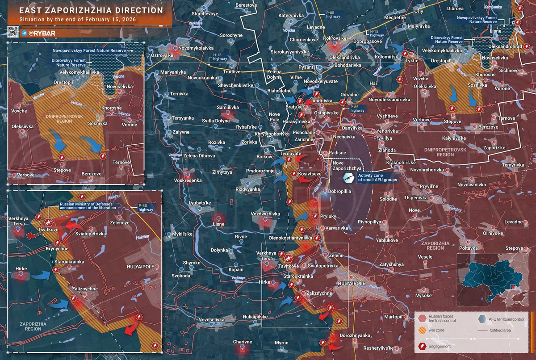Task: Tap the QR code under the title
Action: coord(13,32)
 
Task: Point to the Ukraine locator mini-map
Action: coord(491,279)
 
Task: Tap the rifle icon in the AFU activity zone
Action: coord(348,178)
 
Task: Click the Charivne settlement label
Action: coord(243,342)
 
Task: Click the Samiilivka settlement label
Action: coord(228,108)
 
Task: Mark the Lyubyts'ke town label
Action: coord(200,203)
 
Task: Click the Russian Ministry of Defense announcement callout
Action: coord(88,206)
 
